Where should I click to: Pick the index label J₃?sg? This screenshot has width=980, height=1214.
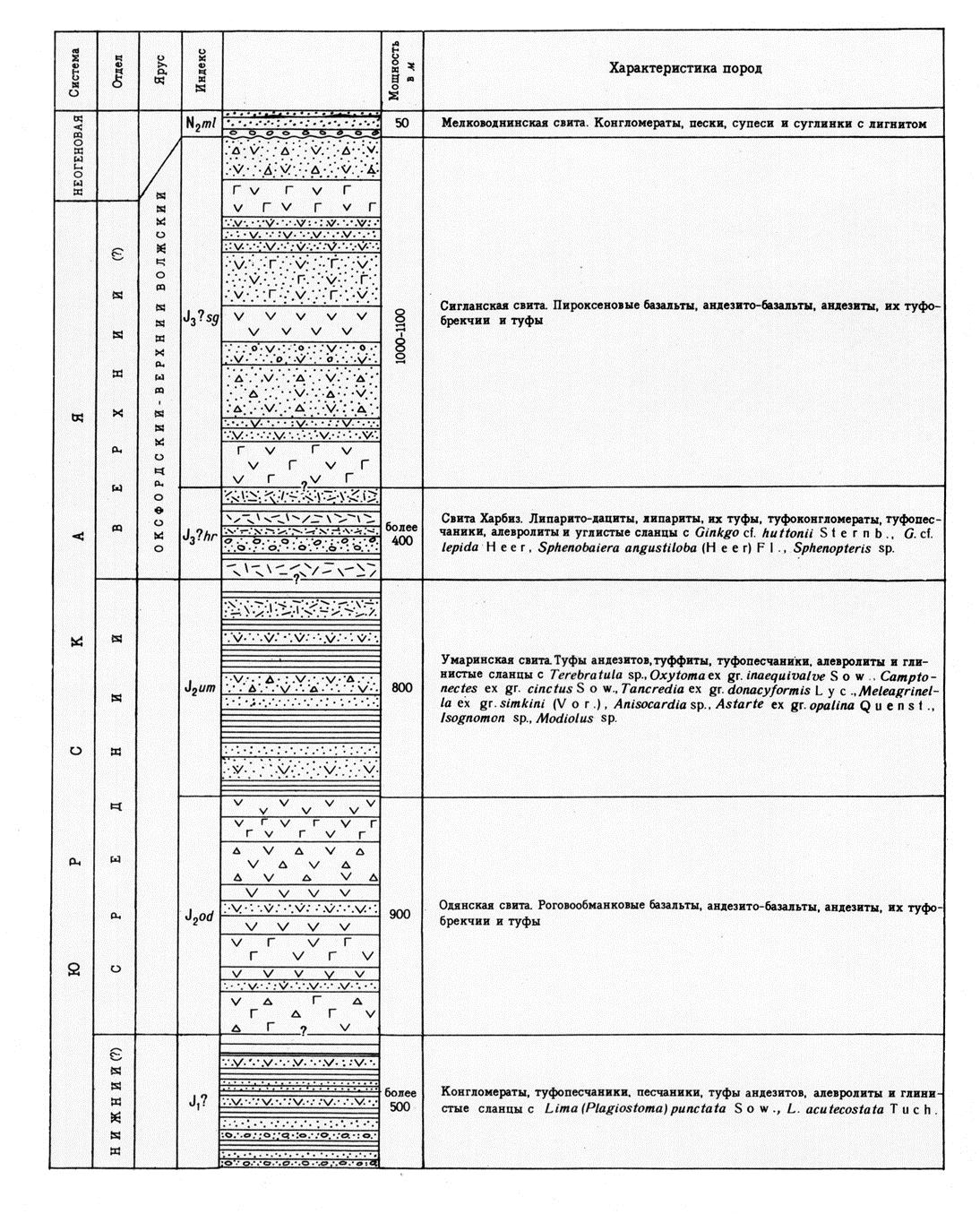(201, 317)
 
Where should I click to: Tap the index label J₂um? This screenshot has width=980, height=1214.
(201, 687)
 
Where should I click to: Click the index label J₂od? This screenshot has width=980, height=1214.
(200, 916)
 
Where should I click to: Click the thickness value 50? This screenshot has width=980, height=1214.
(401, 123)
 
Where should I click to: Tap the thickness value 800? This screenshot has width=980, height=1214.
(401, 687)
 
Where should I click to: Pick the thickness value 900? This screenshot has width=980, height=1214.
(400, 915)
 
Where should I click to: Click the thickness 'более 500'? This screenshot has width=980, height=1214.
(400, 1099)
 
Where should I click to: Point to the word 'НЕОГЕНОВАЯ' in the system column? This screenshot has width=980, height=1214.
(78, 154)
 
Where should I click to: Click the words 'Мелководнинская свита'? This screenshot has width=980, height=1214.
(502, 123)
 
